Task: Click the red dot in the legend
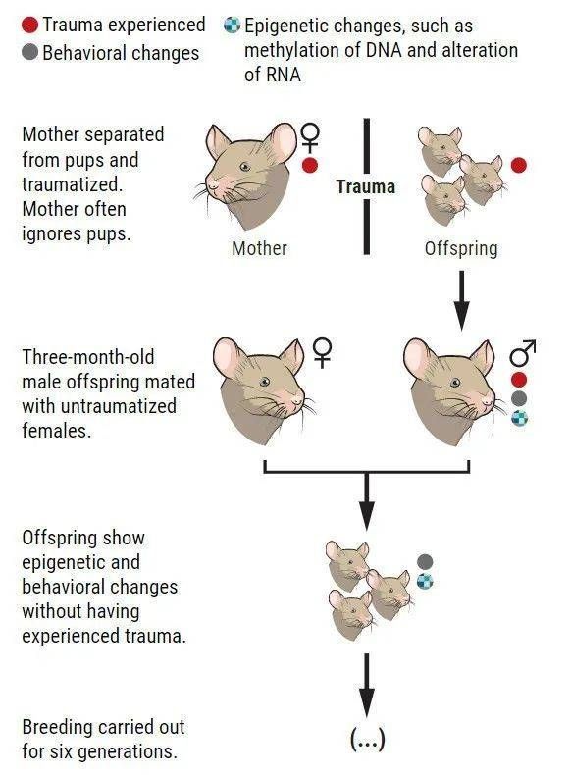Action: pos(29,25)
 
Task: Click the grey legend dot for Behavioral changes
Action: pos(29,52)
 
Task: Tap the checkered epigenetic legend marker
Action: pos(232,25)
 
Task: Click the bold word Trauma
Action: pos(366,186)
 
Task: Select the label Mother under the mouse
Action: pos(260,248)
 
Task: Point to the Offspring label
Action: pos(461,248)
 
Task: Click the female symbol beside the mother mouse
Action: pos(310,138)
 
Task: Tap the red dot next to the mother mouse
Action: pos(309,165)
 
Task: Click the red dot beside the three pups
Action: pos(519,165)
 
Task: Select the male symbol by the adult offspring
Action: pos(523,353)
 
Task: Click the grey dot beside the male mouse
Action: pos(519,398)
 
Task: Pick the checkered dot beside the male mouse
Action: pos(519,418)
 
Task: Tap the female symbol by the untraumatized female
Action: pos(323,353)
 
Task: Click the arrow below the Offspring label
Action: pos(461,300)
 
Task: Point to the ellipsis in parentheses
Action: pos(367,740)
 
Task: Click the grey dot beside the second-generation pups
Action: pos(425,561)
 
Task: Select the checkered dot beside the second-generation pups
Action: pos(425,581)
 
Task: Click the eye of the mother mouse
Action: pos(244,167)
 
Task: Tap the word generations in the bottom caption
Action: pos(128,751)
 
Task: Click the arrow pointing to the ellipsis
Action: pos(366,685)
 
